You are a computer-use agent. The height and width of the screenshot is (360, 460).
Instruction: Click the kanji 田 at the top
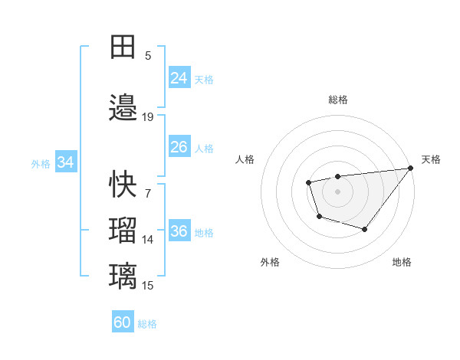[x=123, y=47]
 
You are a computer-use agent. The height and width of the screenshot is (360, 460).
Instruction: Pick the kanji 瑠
[x=123, y=229]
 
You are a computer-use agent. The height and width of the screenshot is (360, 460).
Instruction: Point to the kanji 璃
[x=123, y=274]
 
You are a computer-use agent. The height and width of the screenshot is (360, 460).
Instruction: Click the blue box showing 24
[x=179, y=78]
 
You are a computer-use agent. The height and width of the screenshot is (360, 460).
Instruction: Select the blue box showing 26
[x=179, y=148]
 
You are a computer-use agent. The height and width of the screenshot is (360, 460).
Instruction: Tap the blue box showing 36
[x=179, y=232]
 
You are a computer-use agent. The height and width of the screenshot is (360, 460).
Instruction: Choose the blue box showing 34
[x=66, y=162]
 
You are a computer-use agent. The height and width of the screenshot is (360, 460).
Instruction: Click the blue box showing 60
[x=123, y=322]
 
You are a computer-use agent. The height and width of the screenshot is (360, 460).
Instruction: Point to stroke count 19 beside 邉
[x=148, y=117]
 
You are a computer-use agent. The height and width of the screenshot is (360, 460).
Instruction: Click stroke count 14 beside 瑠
[x=148, y=240]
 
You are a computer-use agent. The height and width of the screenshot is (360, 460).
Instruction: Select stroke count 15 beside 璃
[x=148, y=286]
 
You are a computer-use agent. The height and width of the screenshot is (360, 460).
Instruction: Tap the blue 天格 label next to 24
[x=204, y=79]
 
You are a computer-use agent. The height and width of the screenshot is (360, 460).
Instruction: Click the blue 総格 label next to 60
[x=147, y=323]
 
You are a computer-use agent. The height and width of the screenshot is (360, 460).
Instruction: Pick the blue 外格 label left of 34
[x=41, y=163]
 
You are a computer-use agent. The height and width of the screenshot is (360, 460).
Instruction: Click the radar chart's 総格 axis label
[x=338, y=100]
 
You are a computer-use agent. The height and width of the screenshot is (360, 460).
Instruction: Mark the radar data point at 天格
[x=410, y=168]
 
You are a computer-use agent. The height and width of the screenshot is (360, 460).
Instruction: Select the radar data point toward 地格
[x=365, y=229]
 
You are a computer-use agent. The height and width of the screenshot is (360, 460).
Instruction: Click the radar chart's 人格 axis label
[x=245, y=159]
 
